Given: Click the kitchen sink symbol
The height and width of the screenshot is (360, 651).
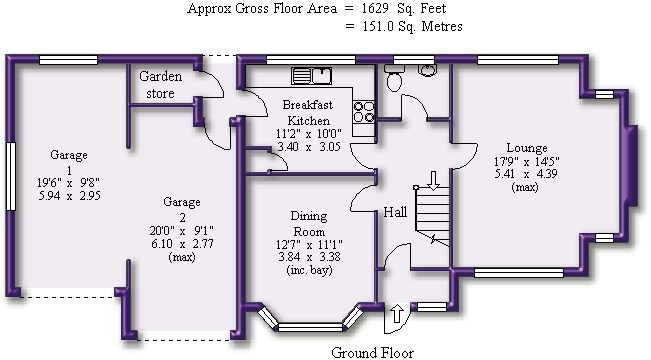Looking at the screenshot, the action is point(311,76).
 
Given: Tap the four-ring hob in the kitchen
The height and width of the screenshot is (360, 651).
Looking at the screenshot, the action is point(364,112).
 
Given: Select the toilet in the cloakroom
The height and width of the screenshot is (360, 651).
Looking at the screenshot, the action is point(394,78).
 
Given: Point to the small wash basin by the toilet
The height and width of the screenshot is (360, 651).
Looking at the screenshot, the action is point(427,70).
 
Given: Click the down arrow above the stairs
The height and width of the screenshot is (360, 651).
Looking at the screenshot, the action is point(433,181).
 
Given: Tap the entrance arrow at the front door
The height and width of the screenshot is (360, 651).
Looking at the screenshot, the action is point(397,313).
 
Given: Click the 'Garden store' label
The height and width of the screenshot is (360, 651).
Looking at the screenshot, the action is point(160,85).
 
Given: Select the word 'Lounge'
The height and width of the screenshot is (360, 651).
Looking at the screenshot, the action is point(527,148).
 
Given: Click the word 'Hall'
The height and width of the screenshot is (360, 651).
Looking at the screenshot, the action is point(395,212).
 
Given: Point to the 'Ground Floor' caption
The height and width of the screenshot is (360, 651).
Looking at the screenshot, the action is point(372,353).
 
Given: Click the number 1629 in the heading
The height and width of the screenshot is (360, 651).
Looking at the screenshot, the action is point(374,8).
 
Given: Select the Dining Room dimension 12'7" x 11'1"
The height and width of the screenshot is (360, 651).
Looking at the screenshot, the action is point(309,245).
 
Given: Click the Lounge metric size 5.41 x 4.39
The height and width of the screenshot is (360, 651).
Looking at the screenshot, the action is point(526,174).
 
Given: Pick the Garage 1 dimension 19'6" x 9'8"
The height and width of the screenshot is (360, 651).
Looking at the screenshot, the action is point(69,182).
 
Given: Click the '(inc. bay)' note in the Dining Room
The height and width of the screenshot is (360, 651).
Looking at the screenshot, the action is point(309,270).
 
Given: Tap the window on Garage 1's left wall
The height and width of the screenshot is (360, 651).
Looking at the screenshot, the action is point(11,176).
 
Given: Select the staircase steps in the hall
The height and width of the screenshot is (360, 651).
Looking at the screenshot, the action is point(433,216).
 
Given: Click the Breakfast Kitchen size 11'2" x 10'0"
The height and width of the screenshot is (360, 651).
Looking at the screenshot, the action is point(308,134).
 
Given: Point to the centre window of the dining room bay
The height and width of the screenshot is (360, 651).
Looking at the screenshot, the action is point(311,327).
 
